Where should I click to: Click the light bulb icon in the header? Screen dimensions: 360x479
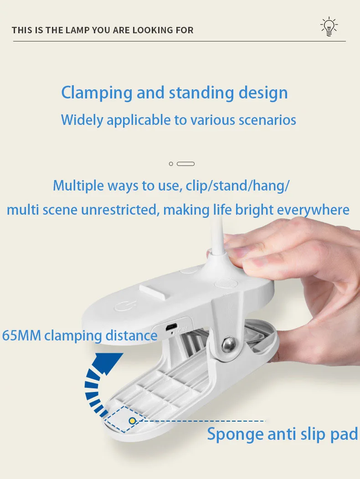[x=329, y=26]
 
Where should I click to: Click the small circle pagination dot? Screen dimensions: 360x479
[x=171, y=164]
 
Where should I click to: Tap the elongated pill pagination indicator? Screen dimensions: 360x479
[x=185, y=164]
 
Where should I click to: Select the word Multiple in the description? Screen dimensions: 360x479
[x=78, y=186]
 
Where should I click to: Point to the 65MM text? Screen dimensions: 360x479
[x=21, y=335]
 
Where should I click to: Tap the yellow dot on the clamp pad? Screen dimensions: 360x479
[x=132, y=421]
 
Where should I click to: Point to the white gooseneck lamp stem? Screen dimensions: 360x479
[x=217, y=235]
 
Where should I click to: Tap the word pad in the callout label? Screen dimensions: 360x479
[x=344, y=434]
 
